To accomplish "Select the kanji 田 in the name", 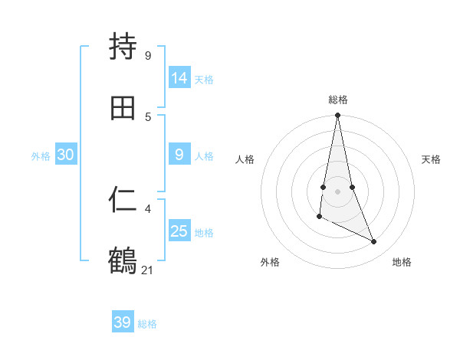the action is tap(123, 108).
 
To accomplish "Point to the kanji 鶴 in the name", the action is tap(123, 261).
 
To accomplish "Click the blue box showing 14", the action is tap(179, 77).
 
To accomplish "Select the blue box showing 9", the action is tap(179, 155).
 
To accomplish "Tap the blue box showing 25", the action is tap(179, 231).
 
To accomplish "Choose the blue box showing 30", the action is tap(66, 155).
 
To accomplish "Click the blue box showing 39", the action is tap(123, 322).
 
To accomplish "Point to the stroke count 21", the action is tap(148, 270).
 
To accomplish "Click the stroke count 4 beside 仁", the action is tap(148, 208).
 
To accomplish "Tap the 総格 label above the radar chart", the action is tap(338, 100).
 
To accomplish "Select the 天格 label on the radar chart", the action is tap(432, 159).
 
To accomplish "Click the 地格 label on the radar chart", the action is tap(402, 262).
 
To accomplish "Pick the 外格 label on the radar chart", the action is tap(270, 262).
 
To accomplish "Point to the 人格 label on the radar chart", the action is tap(245, 159).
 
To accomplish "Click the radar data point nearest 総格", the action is tap(337, 116).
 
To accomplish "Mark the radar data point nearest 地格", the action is tap(374, 242).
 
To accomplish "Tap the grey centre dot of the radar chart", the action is tap(337, 191).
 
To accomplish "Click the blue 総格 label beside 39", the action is tap(147, 324).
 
